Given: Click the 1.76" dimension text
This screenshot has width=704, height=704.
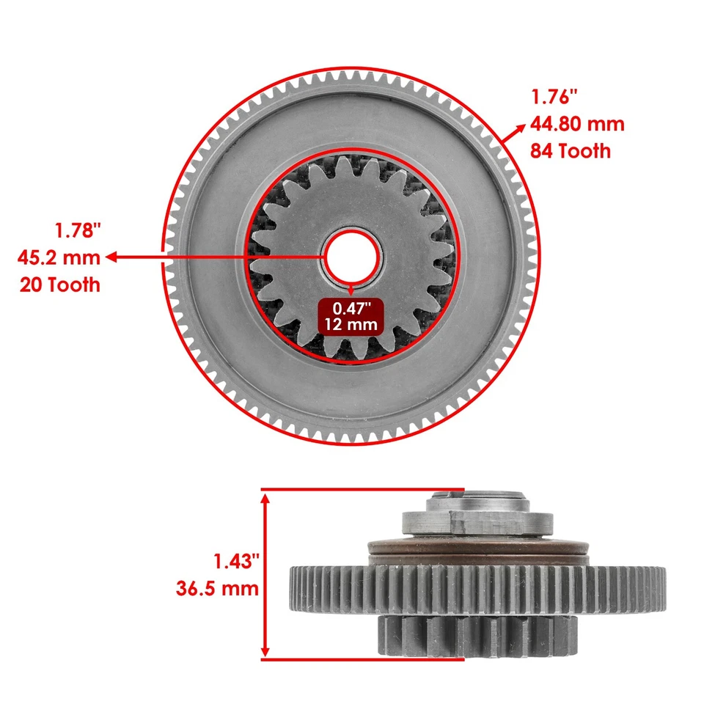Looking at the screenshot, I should point(554,97).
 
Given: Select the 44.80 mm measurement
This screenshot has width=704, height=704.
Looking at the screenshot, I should point(577,124).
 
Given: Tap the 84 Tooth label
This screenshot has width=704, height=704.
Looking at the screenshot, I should point(571,152).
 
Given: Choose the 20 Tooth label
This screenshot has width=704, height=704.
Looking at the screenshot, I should point(59,285).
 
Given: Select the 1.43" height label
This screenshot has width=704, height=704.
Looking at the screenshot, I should point(237,561).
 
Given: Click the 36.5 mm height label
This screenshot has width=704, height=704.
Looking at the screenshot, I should point(218,588).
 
